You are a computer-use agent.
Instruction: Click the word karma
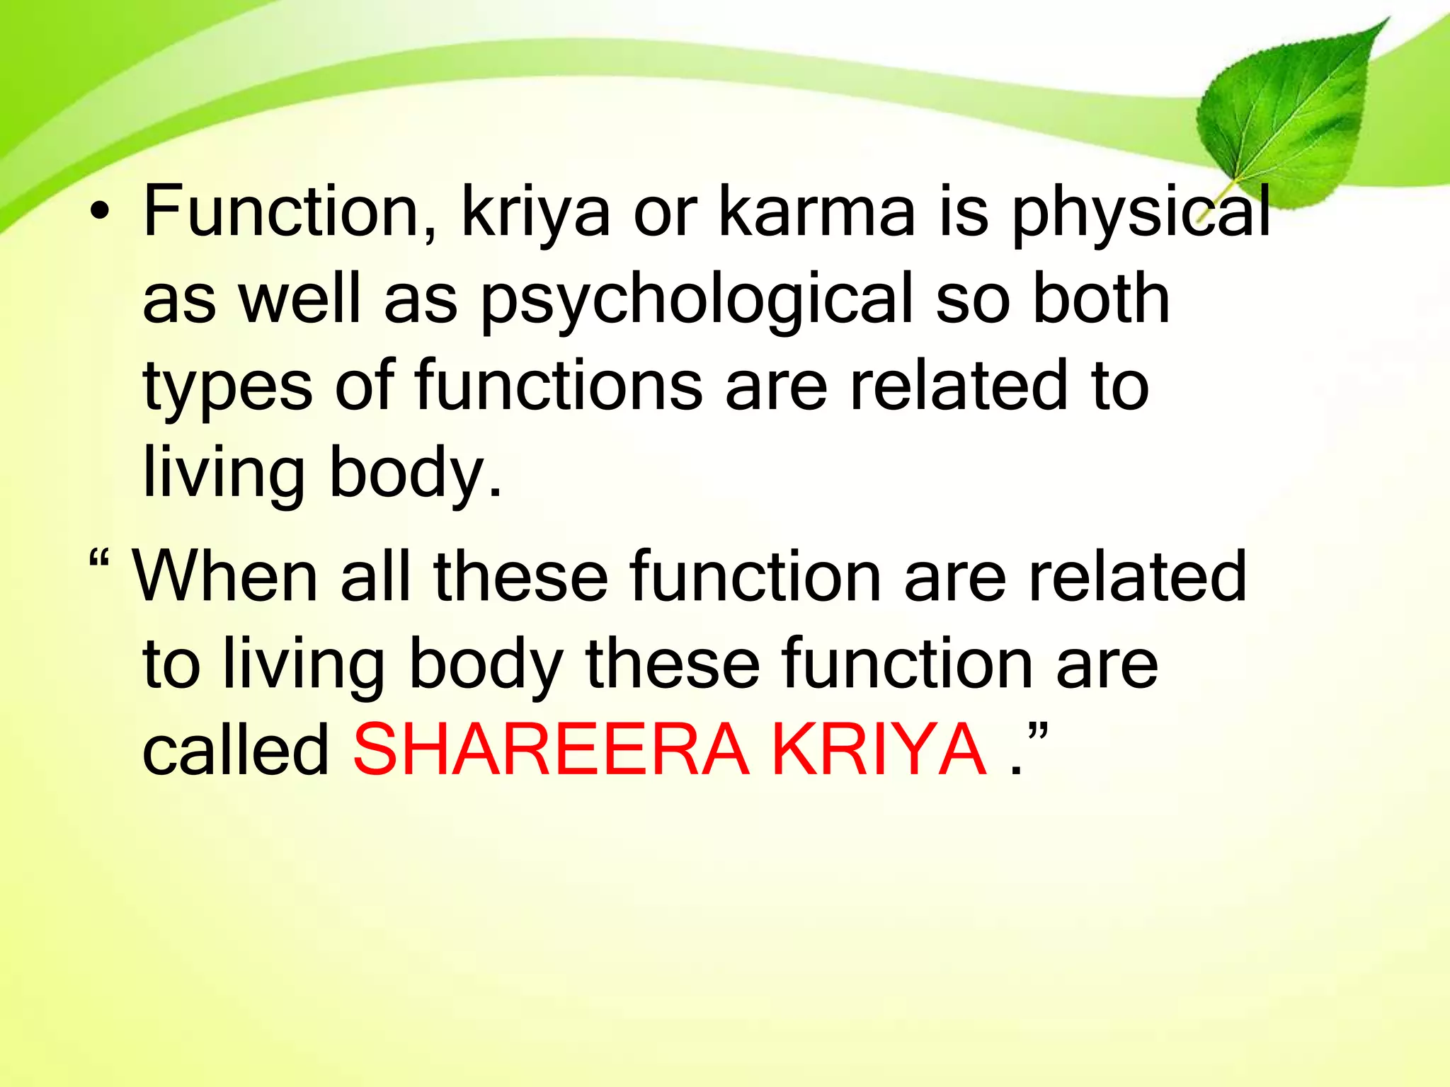[817, 212]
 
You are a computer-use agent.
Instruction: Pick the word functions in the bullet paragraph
[559, 386]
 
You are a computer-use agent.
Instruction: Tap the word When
[225, 577]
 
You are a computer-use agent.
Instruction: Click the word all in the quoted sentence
[376, 577]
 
